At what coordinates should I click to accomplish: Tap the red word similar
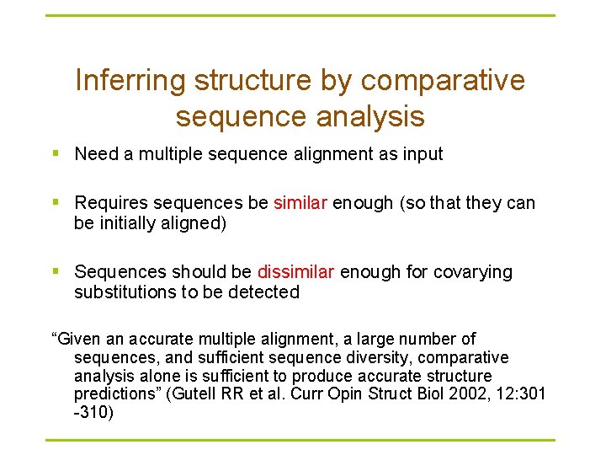click(x=300, y=203)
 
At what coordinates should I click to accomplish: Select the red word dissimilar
click(x=295, y=272)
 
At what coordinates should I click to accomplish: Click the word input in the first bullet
click(x=422, y=154)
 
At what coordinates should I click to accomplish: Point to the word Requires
click(x=109, y=203)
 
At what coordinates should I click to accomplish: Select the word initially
click(x=124, y=223)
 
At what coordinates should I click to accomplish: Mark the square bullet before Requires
click(x=56, y=203)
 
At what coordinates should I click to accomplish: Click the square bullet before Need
click(x=56, y=154)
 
